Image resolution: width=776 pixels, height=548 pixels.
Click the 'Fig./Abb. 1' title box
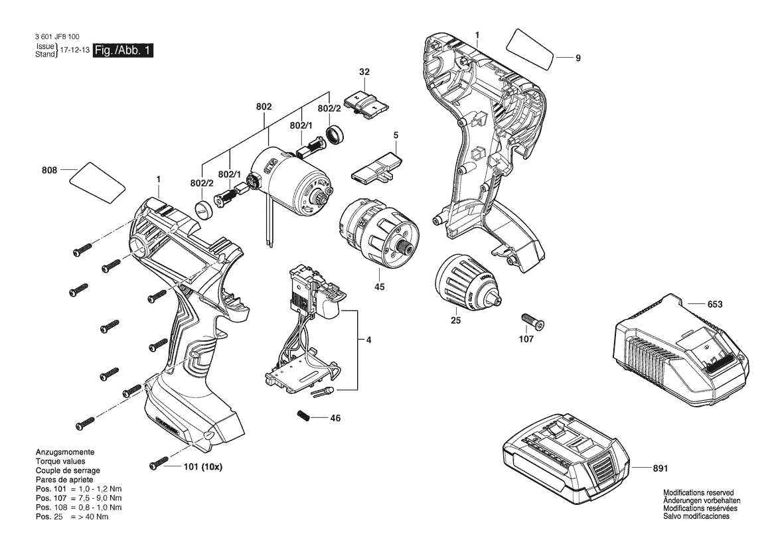click(123, 50)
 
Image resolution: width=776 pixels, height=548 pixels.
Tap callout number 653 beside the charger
click(715, 304)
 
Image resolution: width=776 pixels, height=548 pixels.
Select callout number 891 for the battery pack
click(660, 468)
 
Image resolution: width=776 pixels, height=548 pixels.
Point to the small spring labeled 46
click(304, 416)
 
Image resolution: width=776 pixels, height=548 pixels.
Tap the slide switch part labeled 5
click(376, 168)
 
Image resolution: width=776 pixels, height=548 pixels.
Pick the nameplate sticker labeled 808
click(96, 182)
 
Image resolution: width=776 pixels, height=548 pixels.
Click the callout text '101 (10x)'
click(203, 466)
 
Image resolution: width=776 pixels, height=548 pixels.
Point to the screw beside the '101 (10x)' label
click(157, 465)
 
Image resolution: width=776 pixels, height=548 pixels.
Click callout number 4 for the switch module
click(368, 340)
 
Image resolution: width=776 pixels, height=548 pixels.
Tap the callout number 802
click(264, 106)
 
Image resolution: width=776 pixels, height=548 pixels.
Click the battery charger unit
click(682, 351)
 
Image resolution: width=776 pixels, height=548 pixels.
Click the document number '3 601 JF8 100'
click(57, 36)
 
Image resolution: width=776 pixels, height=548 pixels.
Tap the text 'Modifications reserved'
click(698, 493)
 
